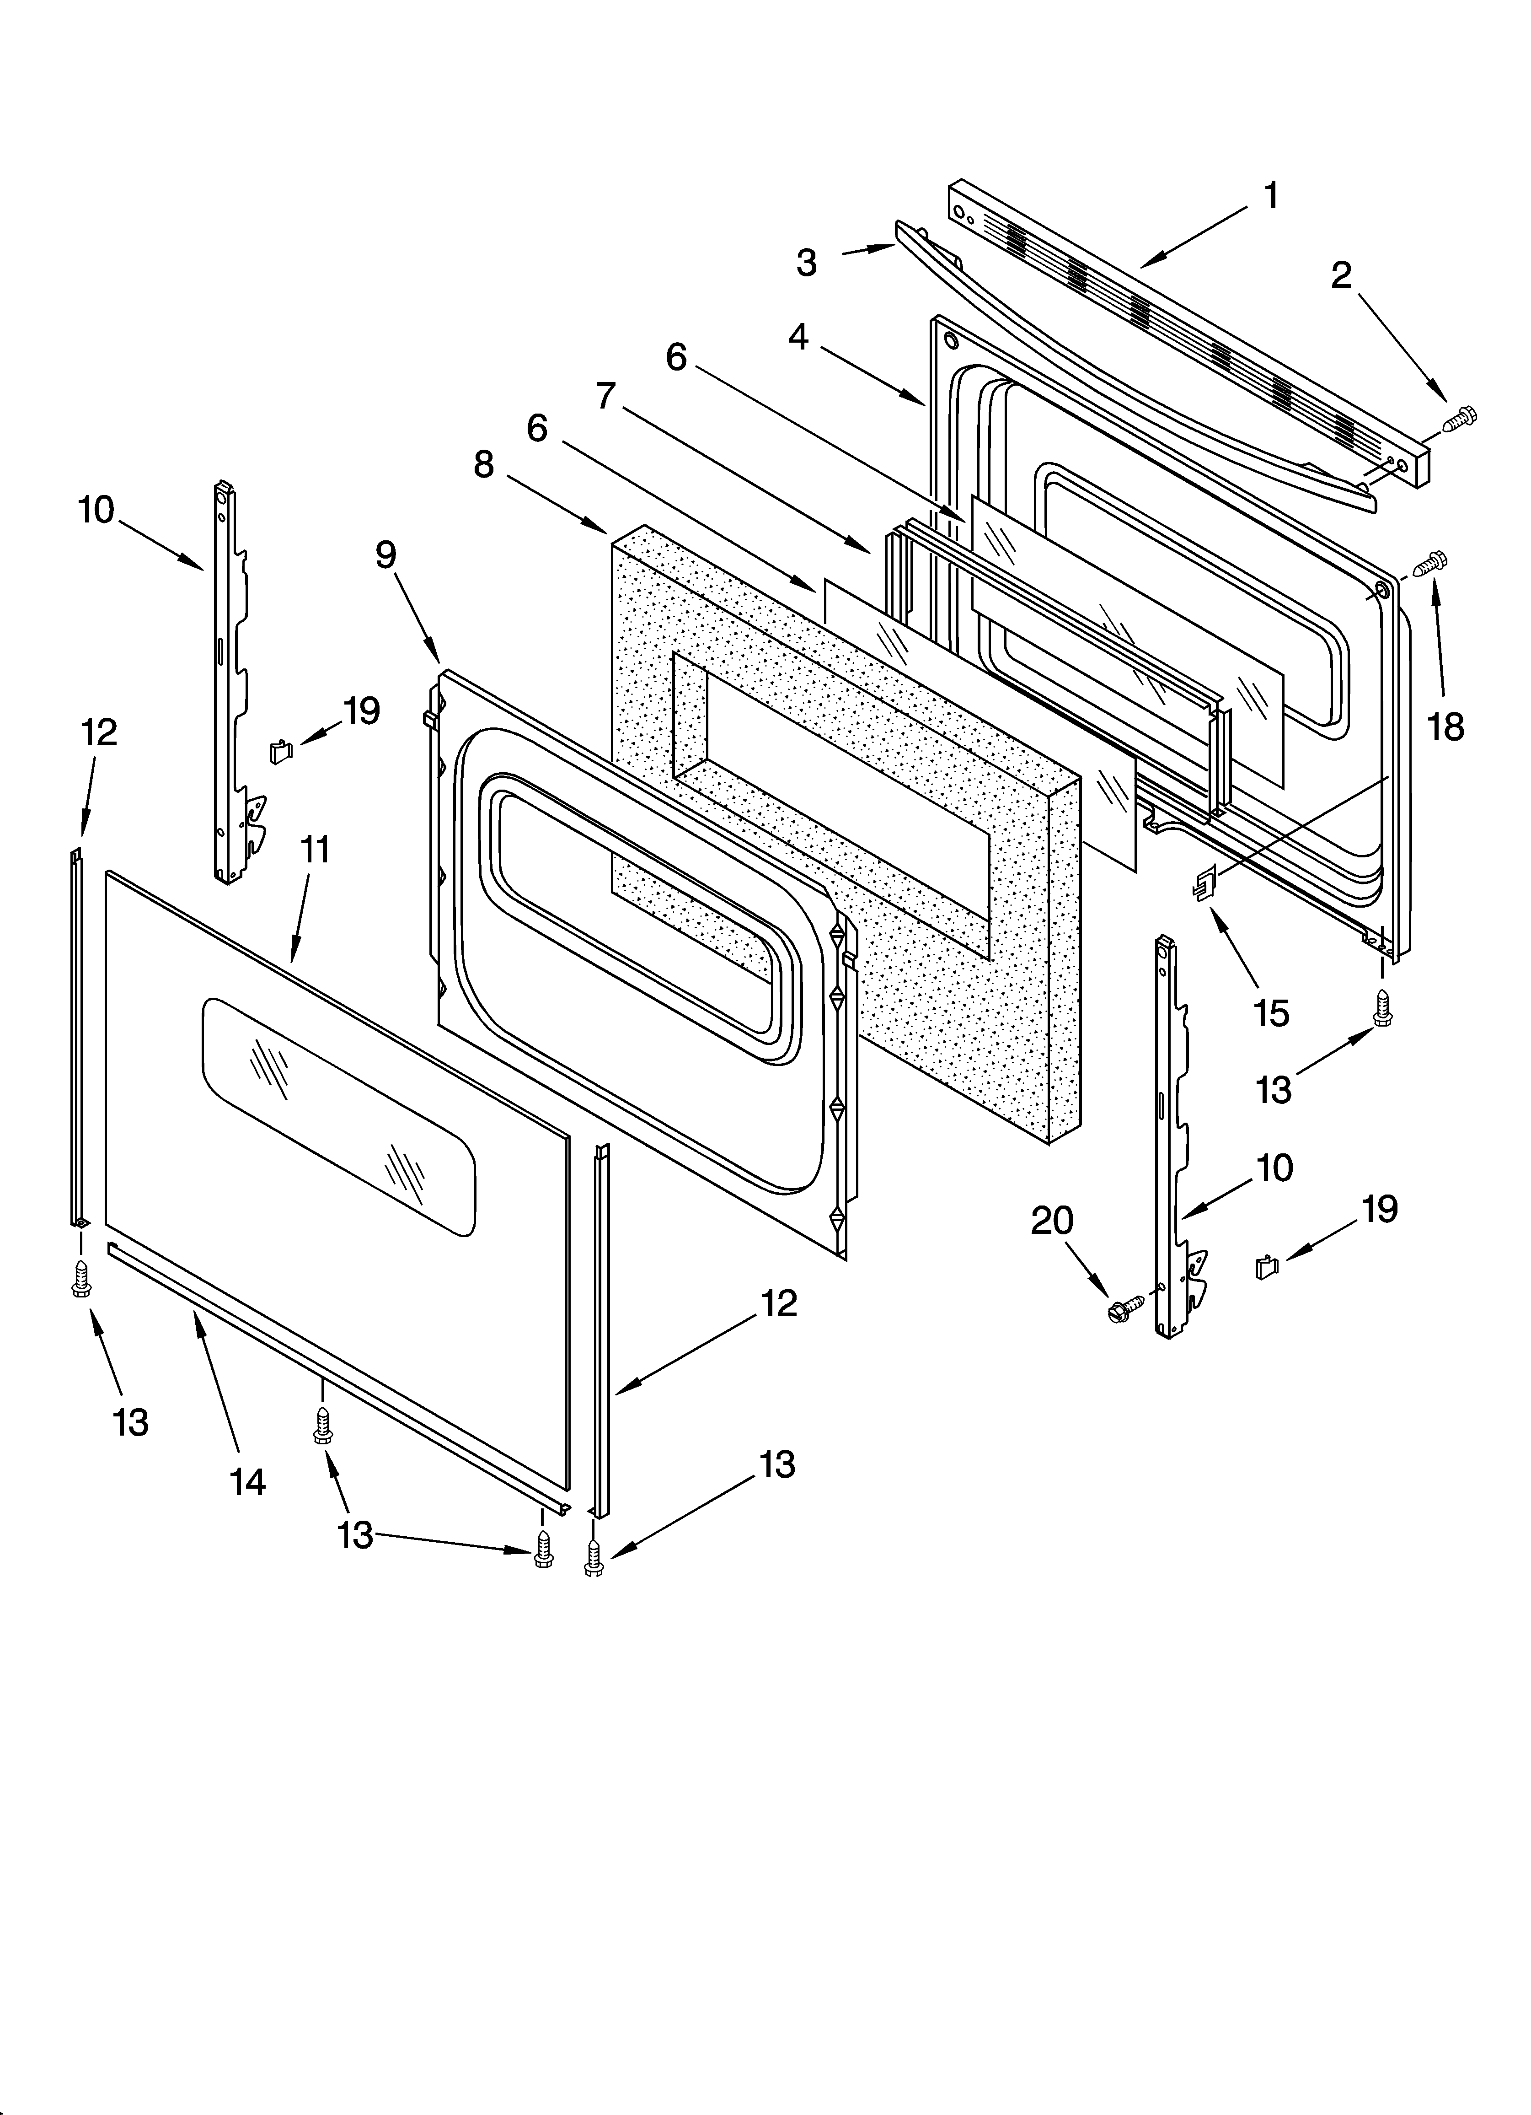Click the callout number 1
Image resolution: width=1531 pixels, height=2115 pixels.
[x=1270, y=197]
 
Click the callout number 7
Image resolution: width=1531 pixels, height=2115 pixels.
[x=606, y=396]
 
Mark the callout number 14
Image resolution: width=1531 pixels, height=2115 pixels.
[x=248, y=1481]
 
